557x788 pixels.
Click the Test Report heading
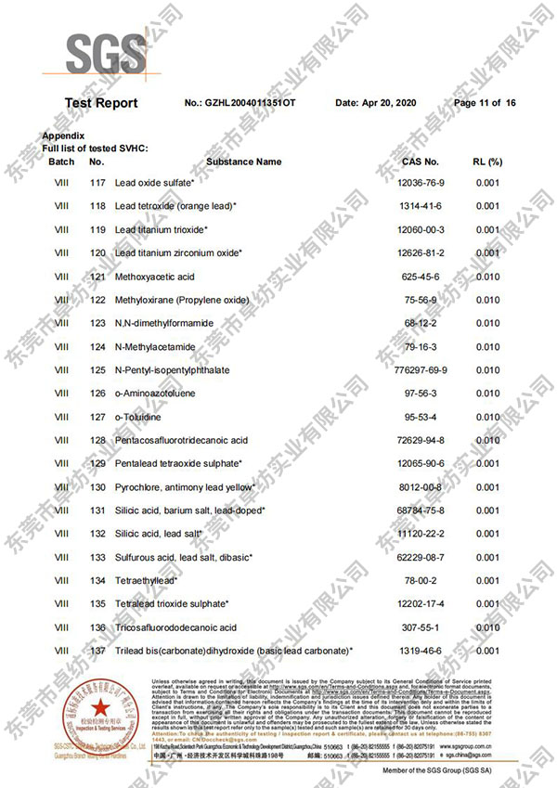[x=101, y=103]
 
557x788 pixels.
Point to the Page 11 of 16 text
[x=485, y=103]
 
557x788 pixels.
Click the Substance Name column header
[x=243, y=161]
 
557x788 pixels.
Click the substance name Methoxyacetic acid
[x=155, y=277]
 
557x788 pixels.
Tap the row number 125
[x=97, y=370]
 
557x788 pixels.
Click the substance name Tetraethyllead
[x=147, y=580]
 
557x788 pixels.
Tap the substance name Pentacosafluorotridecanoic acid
[x=182, y=440]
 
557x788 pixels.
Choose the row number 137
[x=97, y=651]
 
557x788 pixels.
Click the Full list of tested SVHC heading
[x=96, y=149]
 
